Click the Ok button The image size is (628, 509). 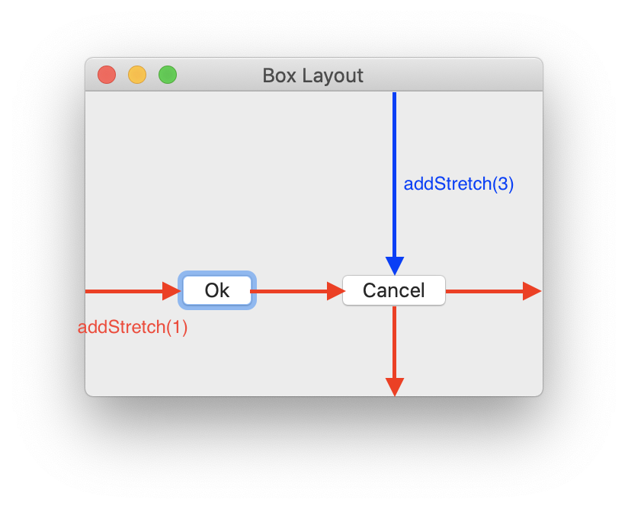pyautogui.click(x=217, y=290)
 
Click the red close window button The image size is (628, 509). pyautogui.click(x=107, y=75)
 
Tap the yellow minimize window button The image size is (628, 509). pyautogui.click(x=137, y=75)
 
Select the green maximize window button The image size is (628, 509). pyautogui.click(x=168, y=75)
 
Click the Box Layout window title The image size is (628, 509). pyautogui.click(x=312, y=75)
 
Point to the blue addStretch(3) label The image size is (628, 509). pyautogui.click(x=458, y=184)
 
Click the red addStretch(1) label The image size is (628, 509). pyautogui.click(x=133, y=327)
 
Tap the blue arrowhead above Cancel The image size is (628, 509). pyautogui.click(x=394, y=265)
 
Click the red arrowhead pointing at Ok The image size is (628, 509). pyautogui.click(x=171, y=291)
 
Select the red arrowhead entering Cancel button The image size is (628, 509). pyautogui.click(x=336, y=291)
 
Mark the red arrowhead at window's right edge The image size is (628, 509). pyautogui.click(x=531, y=291)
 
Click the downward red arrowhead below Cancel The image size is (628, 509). pyautogui.click(x=394, y=386)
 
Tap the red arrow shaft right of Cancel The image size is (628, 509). pyautogui.click(x=484, y=291)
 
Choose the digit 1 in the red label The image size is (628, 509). pyautogui.click(x=177, y=327)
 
